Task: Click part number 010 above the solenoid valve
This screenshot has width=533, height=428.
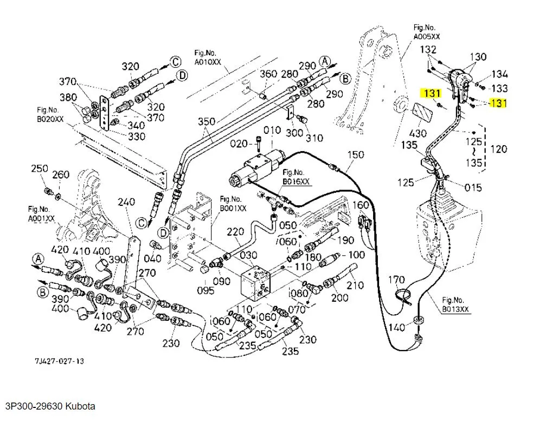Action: (272, 130)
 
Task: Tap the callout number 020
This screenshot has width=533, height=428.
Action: (239, 144)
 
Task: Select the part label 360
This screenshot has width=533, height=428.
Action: (269, 74)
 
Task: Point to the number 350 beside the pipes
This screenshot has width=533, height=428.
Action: (207, 121)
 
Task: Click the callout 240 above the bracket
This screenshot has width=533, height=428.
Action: (126, 202)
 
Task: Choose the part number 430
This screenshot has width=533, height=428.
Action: (418, 133)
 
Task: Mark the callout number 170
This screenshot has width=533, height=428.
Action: (396, 280)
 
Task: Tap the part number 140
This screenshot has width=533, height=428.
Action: (397, 327)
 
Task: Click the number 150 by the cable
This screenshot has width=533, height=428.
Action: (355, 155)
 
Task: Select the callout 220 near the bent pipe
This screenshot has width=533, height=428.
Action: (235, 232)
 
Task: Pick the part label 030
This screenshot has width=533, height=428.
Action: (248, 256)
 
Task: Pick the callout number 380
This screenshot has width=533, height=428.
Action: (68, 98)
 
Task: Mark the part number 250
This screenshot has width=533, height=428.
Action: (40, 169)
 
